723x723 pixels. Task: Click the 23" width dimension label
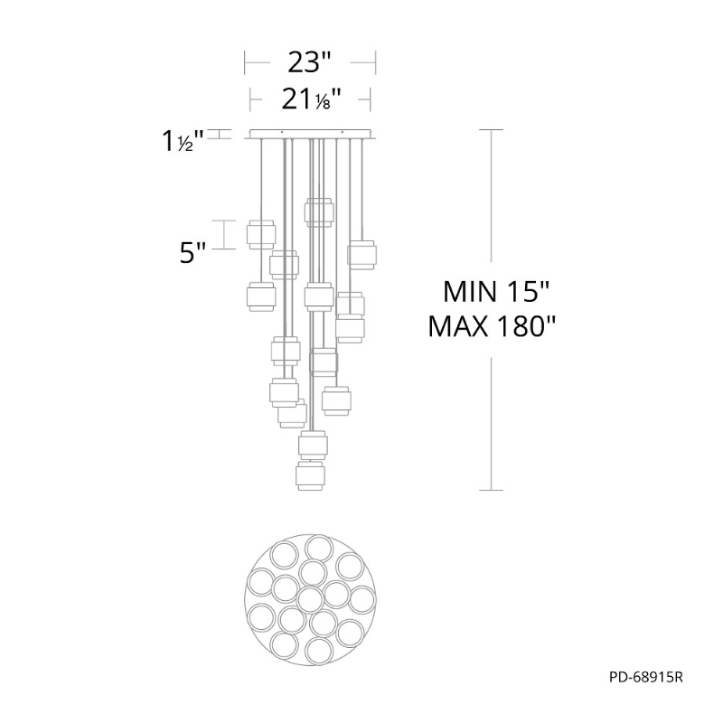point(309,62)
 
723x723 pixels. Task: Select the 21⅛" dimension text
point(311,99)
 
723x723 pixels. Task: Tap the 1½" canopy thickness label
point(183,141)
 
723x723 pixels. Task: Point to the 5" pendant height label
point(192,253)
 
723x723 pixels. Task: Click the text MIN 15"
point(496,291)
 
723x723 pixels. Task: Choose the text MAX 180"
point(492,326)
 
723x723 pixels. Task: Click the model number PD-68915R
point(645,677)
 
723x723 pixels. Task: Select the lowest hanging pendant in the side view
point(310,476)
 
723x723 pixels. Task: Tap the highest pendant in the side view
point(319,212)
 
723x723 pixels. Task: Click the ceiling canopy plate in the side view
point(310,134)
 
